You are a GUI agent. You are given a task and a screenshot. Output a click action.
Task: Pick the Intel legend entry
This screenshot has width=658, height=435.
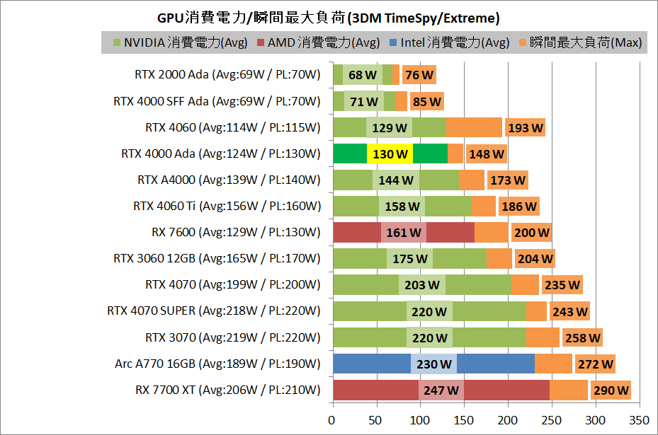click(x=448, y=42)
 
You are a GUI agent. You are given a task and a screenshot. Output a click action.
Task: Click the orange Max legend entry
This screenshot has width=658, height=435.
click(x=580, y=42)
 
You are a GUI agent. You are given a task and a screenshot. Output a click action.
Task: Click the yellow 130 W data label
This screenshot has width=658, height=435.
click(x=390, y=153)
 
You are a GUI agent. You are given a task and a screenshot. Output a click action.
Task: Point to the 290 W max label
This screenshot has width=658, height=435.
click(x=611, y=390)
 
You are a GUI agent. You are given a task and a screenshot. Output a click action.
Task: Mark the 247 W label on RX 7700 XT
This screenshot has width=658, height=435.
click(x=441, y=390)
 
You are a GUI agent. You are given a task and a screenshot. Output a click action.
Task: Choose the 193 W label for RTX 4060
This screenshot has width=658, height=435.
click(x=525, y=127)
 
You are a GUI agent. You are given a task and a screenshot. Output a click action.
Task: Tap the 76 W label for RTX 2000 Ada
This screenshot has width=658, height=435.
click(x=419, y=75)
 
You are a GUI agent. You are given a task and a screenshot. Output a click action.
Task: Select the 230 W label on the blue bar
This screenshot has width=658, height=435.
click(x=433, y=364)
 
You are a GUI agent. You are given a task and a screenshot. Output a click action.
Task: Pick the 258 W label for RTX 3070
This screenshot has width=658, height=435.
click(x=582, y=337)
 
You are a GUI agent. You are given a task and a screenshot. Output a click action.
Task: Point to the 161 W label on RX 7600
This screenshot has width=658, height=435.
click(x=403, y=232)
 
